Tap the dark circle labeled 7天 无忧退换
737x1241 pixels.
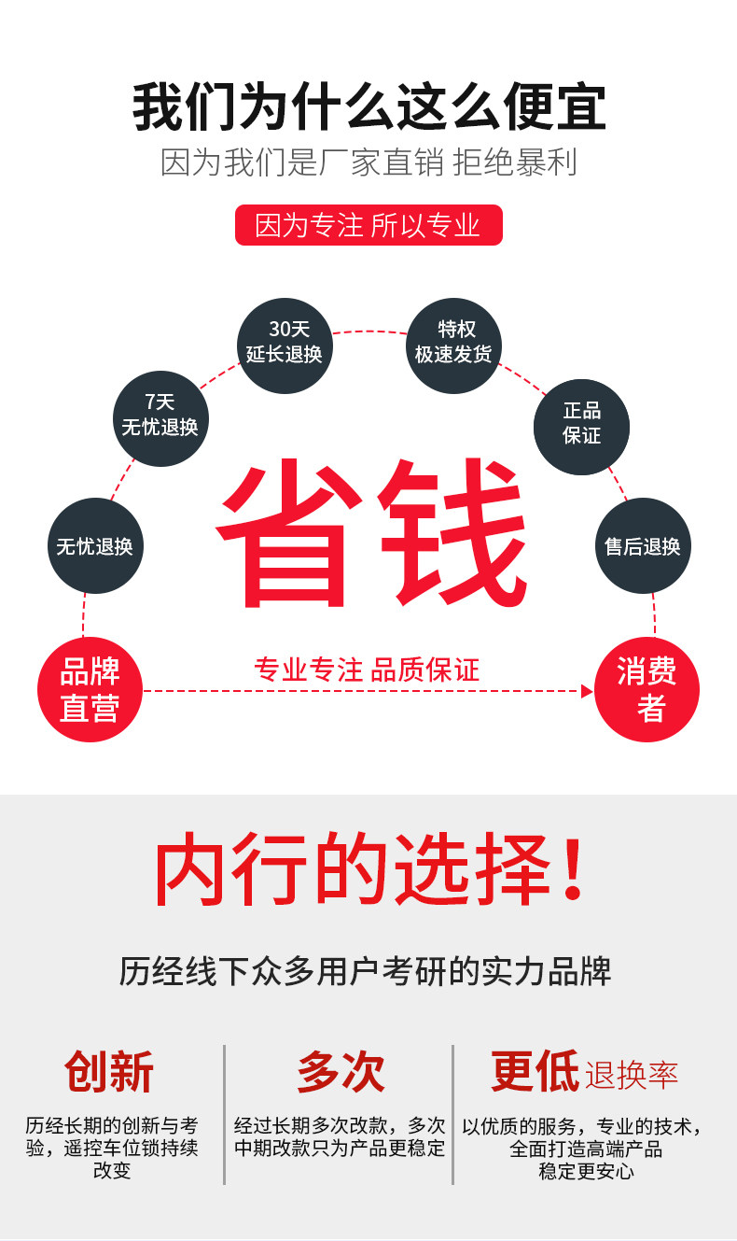[160, 417]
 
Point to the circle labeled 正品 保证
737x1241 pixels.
[581, 426]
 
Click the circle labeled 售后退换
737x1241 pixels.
[643, 545]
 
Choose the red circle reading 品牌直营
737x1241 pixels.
[90, 690]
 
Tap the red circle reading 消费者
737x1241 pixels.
[647, 690]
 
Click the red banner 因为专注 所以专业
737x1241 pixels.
[368, 225]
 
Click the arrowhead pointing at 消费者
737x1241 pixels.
[587, 691]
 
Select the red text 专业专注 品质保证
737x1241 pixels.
[367, 670]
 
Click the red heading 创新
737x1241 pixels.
[109, 1071]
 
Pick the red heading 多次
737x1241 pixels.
[341, 1071]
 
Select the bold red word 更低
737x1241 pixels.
[535, 1071]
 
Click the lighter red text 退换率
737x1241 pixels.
[632, 1075]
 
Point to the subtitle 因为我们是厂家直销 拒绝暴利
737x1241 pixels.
[368, 162]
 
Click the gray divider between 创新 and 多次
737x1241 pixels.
[225, 1114]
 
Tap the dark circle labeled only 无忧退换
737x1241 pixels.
[95, 545]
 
